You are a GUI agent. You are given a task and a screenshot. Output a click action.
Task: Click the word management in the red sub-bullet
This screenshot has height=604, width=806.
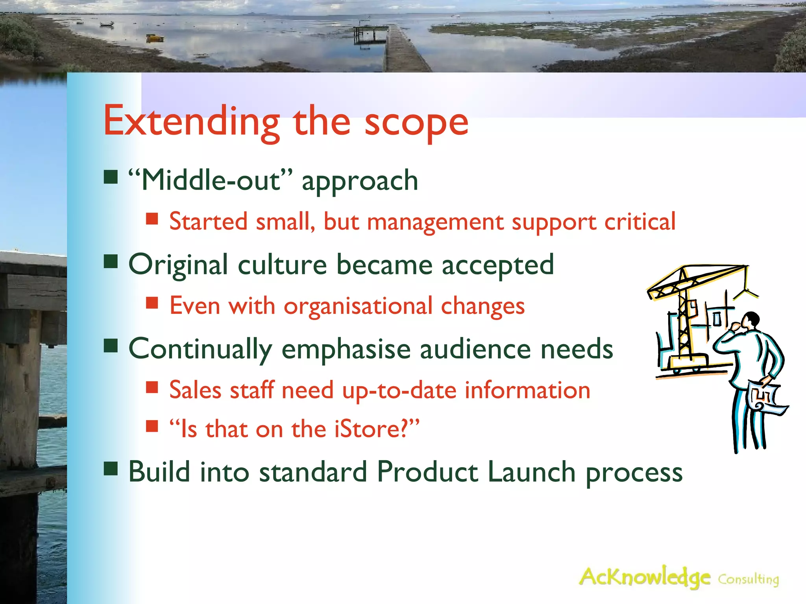pos(435,222)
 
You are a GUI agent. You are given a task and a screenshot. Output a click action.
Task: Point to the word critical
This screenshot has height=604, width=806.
pos(640,222)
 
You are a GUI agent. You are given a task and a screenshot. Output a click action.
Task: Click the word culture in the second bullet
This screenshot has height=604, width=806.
pos(282,265)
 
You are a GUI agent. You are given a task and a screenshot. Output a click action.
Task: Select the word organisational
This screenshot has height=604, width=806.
pos(358,306)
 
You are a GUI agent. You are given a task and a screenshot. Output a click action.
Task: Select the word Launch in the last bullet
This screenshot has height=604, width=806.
pos(531,472)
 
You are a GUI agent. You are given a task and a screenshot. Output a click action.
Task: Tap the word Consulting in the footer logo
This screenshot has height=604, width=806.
pos(748,580)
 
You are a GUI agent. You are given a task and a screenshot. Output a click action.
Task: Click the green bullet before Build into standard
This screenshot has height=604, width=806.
pos(111,469)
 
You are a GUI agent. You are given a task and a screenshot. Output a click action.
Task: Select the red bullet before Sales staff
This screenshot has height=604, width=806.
pos(152,387)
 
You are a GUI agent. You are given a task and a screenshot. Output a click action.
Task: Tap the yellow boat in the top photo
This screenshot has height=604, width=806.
pos(155,38)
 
